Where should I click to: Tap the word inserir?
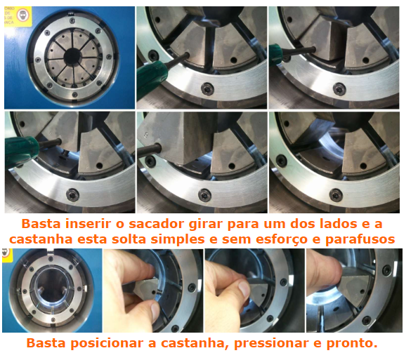tap(88, 224)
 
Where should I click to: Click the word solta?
tap(129, 239)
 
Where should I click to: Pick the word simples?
tap(178, 239)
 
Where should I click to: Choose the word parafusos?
tap(360, 239)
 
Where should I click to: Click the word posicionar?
tap(107, 343)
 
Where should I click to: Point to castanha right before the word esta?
tap(41, 239)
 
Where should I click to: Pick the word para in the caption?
tap(243, 225)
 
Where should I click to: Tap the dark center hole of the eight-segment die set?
tap(72, 56)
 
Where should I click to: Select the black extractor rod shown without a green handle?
tap(149, 151)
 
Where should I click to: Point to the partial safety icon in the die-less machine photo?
tap(6, 253)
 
